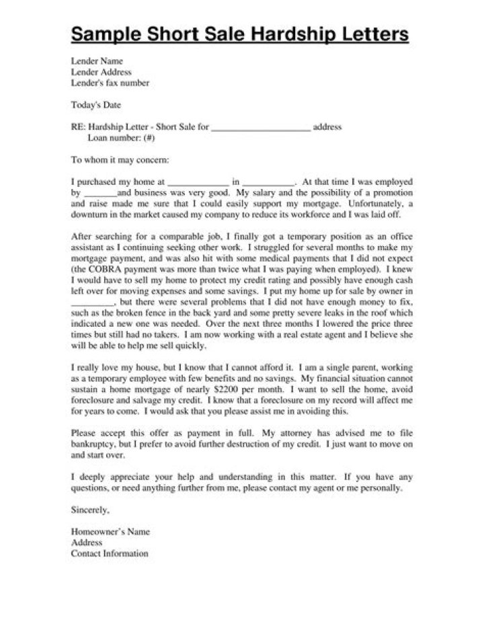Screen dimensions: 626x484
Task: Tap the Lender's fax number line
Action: click(110, 83)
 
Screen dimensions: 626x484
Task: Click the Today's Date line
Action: click(97, 104)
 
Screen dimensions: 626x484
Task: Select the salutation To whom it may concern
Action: click(120, 161)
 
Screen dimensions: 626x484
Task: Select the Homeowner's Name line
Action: click(110, 532)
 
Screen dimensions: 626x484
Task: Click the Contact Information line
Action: click(110, 553)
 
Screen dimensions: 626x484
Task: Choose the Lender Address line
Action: click(101, 72)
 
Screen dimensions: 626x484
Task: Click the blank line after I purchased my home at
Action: click(198, 182)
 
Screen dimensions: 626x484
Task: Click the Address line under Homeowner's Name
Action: click(87, 543)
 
